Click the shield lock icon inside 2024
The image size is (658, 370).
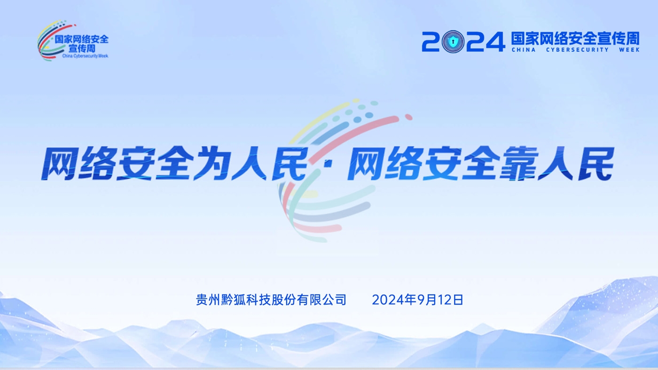[453, 42]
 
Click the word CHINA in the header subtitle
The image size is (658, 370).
[524, 50]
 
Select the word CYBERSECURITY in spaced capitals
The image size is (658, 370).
[578, 50]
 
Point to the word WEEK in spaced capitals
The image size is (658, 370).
[629, 50]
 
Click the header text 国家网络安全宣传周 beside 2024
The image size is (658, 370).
[575, 39]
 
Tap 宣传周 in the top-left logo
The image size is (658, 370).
[82, 48]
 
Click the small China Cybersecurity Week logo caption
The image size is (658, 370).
[85, 56]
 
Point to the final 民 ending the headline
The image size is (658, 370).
[596, 163]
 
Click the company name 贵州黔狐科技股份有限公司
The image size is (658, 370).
[271, 300]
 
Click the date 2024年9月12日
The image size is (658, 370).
[417, 300]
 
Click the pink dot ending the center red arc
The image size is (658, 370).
[408, 117]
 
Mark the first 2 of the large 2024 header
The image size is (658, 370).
[431, 42]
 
